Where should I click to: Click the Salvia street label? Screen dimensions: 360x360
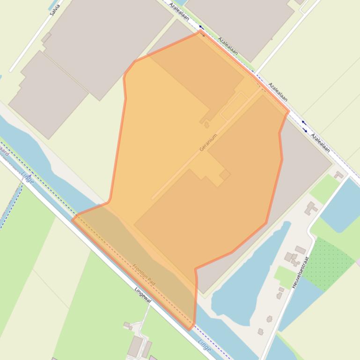55,10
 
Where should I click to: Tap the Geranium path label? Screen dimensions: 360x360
208,142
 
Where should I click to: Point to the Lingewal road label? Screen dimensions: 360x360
143,295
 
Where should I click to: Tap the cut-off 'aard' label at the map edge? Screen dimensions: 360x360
4,151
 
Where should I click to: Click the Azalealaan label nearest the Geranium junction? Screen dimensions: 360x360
278,92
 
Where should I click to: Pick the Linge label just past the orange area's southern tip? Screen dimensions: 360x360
204,345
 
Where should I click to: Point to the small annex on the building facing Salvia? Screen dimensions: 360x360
46,38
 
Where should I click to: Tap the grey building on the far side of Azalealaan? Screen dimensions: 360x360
243,23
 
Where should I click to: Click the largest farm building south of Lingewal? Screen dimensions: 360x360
135,346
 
